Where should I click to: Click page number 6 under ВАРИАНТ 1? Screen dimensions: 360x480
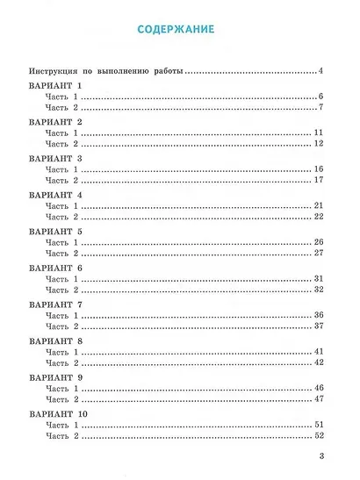click(323, 97)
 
